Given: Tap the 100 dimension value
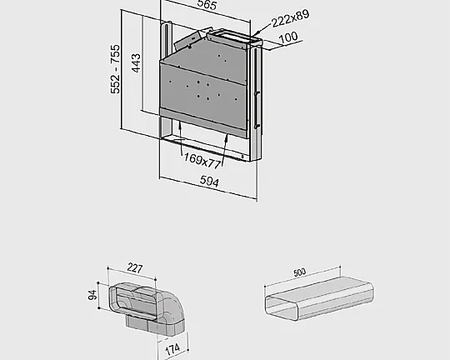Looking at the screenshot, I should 288,38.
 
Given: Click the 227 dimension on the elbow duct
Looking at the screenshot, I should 133,268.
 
